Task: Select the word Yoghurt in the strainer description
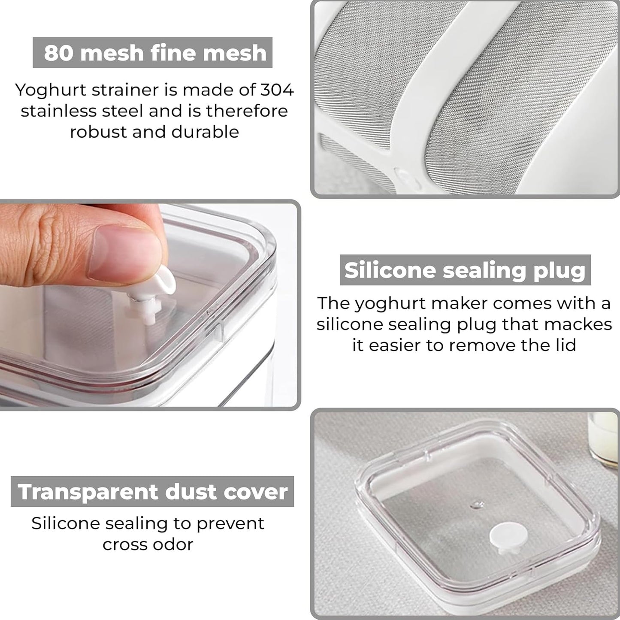coord(51,91)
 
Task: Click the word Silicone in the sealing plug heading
coord(390,270)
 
